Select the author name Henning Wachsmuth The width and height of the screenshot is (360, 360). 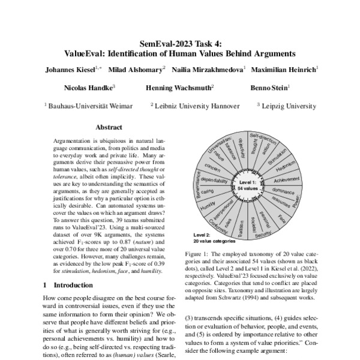coord(179,88)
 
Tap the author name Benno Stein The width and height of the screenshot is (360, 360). coord(270,88)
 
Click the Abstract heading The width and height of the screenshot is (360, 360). coord(109,127)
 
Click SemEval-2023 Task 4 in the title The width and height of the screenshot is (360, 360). coord(180,43)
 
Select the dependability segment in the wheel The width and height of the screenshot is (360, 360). coord(214,180)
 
